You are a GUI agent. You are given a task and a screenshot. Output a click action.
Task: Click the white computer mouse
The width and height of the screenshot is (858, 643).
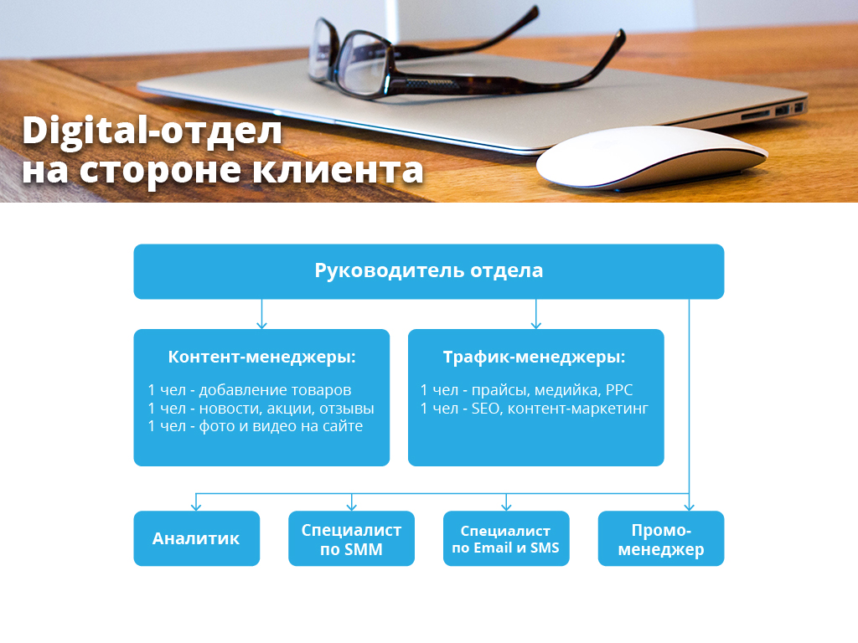click(x=651, y=158)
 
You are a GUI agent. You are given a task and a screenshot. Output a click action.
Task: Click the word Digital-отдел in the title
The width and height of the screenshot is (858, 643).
click(x=152, y=131)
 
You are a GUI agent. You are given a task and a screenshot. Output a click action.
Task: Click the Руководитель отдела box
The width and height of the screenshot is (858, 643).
click(x=428, y=271)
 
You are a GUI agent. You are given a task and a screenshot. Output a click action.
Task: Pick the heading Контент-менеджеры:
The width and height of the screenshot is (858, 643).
click(x=261, y=357)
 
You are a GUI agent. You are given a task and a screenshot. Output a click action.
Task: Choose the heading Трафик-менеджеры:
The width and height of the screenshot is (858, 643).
click(x=534, y=357)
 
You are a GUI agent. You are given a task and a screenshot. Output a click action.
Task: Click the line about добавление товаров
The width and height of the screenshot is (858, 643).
click(x=250, y=390)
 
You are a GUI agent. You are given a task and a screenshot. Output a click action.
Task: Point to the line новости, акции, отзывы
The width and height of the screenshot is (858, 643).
click(x=261, y=409)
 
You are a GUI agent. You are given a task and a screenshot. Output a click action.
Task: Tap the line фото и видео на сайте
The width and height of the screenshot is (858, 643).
click(x=255, y=426)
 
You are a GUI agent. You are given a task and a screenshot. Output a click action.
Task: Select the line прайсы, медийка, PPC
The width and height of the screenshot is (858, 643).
click(x=526, y=390)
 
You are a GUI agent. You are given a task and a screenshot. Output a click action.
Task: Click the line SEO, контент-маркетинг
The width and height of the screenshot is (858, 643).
click(x=534, y=409)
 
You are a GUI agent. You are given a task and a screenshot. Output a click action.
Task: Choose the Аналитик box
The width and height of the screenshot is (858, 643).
click(x=196, y=538)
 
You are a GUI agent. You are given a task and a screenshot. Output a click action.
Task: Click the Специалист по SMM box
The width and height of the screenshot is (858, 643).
click(x=351, y=538)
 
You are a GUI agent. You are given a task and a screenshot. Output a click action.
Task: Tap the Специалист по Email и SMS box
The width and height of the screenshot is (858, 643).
click(x=506, y=538)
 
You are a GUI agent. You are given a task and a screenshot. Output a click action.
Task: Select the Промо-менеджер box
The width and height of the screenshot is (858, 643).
click(x=661, y=538)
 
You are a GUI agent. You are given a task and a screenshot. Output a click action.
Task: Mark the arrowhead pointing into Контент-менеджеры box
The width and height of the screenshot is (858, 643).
click(x=261, y=326)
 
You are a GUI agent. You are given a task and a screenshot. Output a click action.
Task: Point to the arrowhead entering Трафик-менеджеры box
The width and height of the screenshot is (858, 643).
click(x=535, y=326)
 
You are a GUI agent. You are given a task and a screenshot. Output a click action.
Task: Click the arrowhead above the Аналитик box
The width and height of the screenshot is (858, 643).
click(x=196, y=507)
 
